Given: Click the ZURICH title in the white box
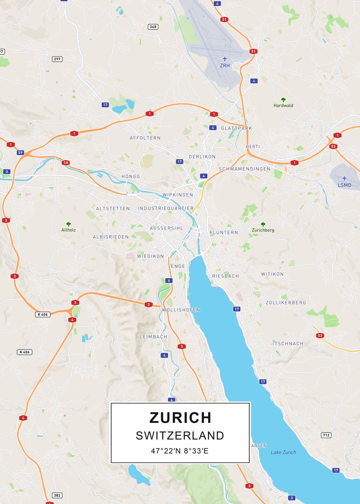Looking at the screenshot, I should tap(180, 417).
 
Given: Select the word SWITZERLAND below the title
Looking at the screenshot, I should tap(180, 436).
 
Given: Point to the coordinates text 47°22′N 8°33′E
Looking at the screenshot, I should tap(180, 451).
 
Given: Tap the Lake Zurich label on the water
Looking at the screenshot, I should tap(283, 452).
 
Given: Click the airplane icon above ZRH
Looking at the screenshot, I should tap(225, 58).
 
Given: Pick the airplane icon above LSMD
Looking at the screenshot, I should tap(344, 178).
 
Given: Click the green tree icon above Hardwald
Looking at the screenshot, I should tap(284, 100).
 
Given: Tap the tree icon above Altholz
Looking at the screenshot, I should tap(68, 224).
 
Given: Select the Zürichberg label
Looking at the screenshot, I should tap(263, 230).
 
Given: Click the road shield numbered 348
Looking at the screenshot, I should tap(153, 27).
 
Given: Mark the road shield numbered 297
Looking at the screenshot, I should tap(57, 59).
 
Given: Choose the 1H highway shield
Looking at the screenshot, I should tap(65, 163).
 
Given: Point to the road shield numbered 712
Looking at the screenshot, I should tap(326, 435).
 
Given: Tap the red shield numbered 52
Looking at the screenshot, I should tap(321, 335).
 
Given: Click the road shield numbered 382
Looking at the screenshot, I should tap(57, 496).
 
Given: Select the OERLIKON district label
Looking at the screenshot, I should tap(202, 157).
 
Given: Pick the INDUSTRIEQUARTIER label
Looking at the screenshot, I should tap(166, 208).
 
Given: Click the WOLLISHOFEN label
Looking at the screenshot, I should tap(181, 310).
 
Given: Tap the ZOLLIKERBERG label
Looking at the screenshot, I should tap(286, 302).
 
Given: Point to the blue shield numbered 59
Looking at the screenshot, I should tap(20, 152).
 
